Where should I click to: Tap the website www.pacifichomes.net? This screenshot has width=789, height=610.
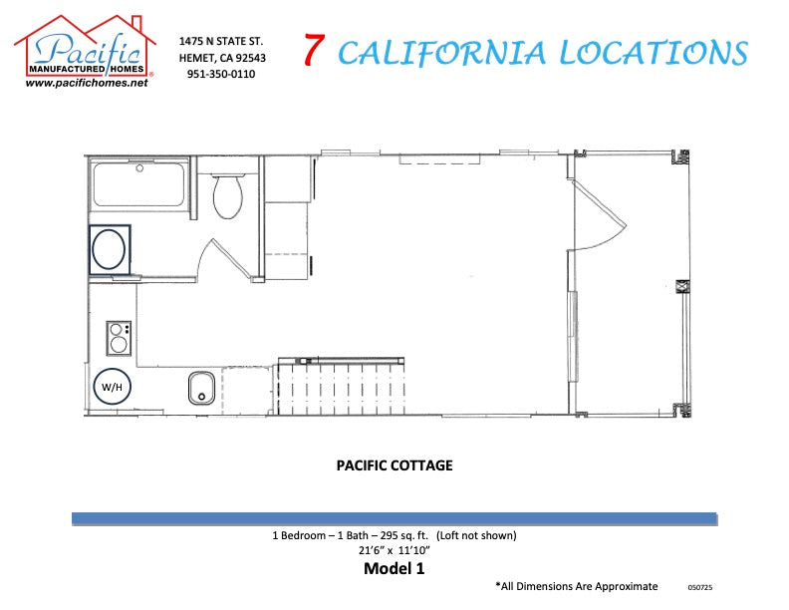86,84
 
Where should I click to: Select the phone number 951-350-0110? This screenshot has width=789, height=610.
220,74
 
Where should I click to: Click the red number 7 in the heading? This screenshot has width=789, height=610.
313,51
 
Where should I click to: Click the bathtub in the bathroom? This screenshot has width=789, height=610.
138,184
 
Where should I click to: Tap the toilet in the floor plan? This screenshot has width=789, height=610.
229,194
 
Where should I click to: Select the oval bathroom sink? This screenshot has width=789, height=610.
109,248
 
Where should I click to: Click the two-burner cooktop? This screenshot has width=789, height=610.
120,337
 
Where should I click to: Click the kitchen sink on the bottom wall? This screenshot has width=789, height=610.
202,387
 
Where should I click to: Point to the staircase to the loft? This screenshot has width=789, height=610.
340,387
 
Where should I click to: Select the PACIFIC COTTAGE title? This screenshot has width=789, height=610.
394,465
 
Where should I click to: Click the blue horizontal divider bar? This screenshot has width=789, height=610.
394,518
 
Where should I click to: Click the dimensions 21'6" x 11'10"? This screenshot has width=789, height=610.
394,550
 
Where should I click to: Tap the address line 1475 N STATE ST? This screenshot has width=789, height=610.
220,41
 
